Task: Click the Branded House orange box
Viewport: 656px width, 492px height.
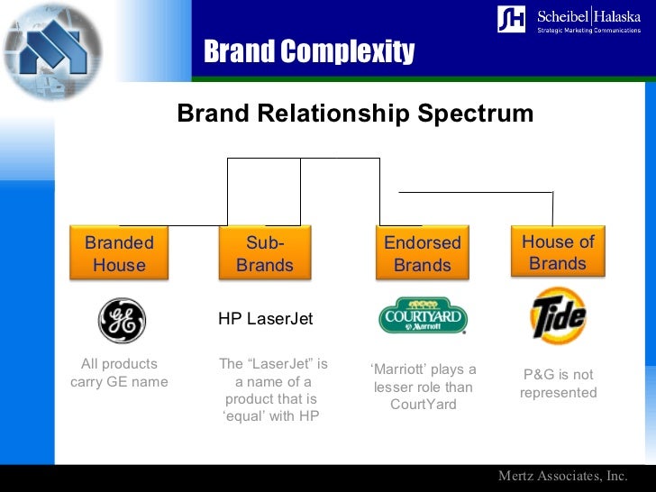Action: (x=119, y=253)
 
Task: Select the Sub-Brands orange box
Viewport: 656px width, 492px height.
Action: (x=265, y=253)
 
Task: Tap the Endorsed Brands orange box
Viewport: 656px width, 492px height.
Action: (x=422, y=253)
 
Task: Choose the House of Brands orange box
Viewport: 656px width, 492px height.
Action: (x=558, y=252)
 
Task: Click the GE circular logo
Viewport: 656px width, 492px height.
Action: (x=122, y=321)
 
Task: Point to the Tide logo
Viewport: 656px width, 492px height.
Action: (x=558, y=316)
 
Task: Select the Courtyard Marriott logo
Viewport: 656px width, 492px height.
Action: (x=422, y=317)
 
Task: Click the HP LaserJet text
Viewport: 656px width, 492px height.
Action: (x=265, y=319)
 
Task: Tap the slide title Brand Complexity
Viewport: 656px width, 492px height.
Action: (x=309, y=52)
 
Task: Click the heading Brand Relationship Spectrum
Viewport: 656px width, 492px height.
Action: (x=355, y=114)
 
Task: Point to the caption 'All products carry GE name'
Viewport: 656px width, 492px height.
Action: (x=119, y=373)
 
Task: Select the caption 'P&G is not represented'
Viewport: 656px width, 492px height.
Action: (x=558, y=384)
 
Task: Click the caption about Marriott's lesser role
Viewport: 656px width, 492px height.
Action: (x=423, y=387)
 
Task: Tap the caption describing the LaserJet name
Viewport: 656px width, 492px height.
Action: (x=273, y=390)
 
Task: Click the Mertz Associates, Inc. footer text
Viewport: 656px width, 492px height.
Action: (x=563, y=476)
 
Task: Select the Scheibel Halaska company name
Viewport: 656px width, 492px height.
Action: (x=589, y=15)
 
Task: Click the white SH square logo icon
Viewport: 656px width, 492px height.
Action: (x=511, y=19)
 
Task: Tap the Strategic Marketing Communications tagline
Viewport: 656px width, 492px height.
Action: (x=589, y=31)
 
